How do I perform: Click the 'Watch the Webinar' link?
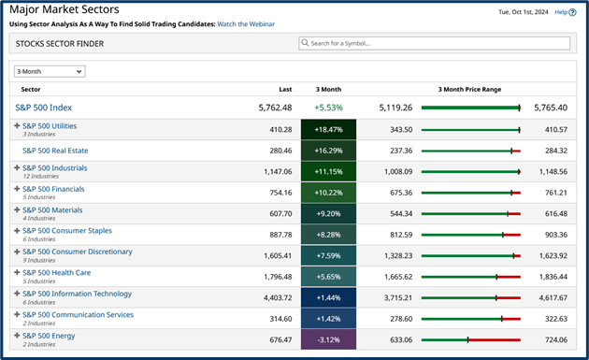pyautogui.click(x=246, y=23)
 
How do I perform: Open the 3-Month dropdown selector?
pyautogui.click(x=50, y=71)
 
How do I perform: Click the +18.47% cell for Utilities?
pyautogui.click(x=328, y=129)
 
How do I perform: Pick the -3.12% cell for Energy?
pyautogui.click(x=328, y=339)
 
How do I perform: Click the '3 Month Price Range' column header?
pyautogui.click(x=469, y=89)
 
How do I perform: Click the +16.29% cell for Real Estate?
pyautogui.click(x=328, y=150)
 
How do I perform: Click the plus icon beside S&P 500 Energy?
pyautogui.click(x=17, y=336)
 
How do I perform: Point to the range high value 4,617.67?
pyautogui.click(x=551, y=297)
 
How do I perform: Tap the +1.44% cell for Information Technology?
pyautogui.click(x=328, y=297)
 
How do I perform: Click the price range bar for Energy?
pyautogui.click(x=470, y=339)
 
